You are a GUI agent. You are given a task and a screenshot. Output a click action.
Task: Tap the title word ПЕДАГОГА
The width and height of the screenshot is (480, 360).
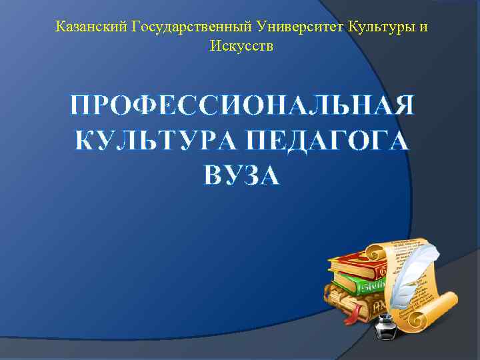327,141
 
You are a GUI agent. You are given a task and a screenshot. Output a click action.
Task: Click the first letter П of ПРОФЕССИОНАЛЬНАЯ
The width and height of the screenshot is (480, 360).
83,106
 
